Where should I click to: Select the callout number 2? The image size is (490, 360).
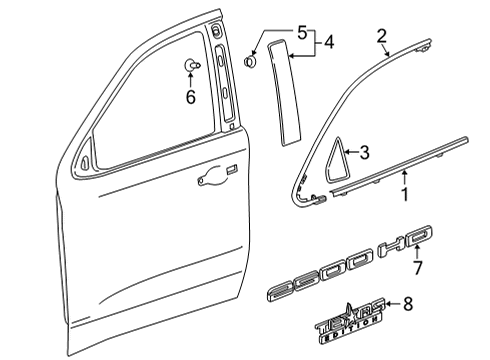380,37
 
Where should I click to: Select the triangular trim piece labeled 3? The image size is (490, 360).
331,158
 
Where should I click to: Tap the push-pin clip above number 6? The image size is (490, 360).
190,67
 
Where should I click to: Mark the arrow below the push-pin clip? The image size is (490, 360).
188,83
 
